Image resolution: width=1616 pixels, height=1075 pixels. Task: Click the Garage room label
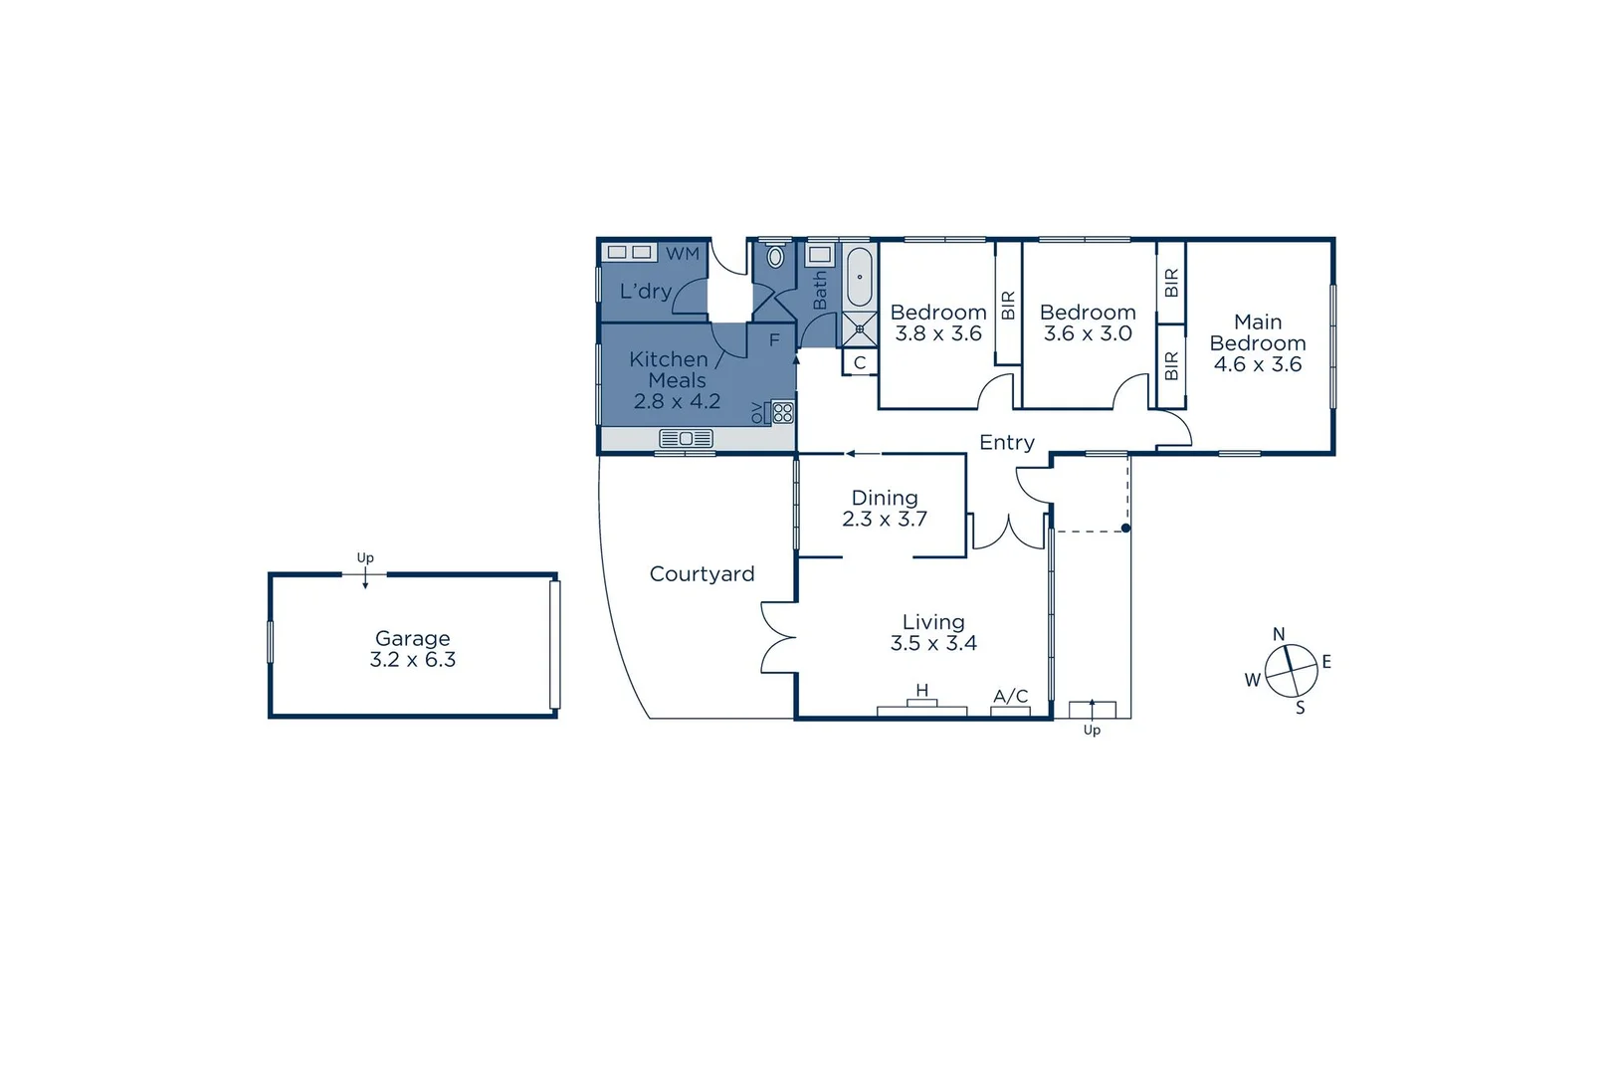click(x=412, y=638)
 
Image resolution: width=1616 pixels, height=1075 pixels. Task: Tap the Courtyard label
click(x=702, y=574)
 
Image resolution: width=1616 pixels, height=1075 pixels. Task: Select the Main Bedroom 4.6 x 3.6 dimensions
click(x=1258, y=364)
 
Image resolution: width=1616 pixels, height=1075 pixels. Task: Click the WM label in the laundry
click(x=683, y=254)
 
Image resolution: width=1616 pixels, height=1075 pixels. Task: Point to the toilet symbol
click(x=775, y=257)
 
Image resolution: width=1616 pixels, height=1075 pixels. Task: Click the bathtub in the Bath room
click(x=859, y=278)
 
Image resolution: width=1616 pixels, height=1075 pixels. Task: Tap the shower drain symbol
click(x=859, y=328)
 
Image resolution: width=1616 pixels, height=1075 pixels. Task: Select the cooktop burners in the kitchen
click(x=783, y=412)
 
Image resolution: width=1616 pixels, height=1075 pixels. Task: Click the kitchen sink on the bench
click(x=686, y=438)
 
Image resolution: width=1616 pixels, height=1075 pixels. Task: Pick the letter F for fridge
click(x=774, y=341)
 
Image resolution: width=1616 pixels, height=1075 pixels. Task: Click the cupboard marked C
click(x=860, y=363)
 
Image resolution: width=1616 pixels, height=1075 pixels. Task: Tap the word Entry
click(x=1006, y=443)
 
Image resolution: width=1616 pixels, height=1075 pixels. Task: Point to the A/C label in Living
click(x=1010, y=697)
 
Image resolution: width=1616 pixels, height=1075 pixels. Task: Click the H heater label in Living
click(x=922, y=691)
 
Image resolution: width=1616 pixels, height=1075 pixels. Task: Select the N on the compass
click(x=1279, y=634)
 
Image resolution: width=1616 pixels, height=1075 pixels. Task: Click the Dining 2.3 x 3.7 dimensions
click(x=885, y=519)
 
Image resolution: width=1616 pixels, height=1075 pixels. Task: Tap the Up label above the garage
click(x=365, y=558)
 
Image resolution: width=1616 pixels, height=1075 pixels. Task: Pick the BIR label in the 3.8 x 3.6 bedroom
click(x=1008, y=305)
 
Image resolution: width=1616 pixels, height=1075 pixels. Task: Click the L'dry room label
click(x=645, y=292)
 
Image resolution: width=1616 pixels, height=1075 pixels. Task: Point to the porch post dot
click(x=1125, y=529)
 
